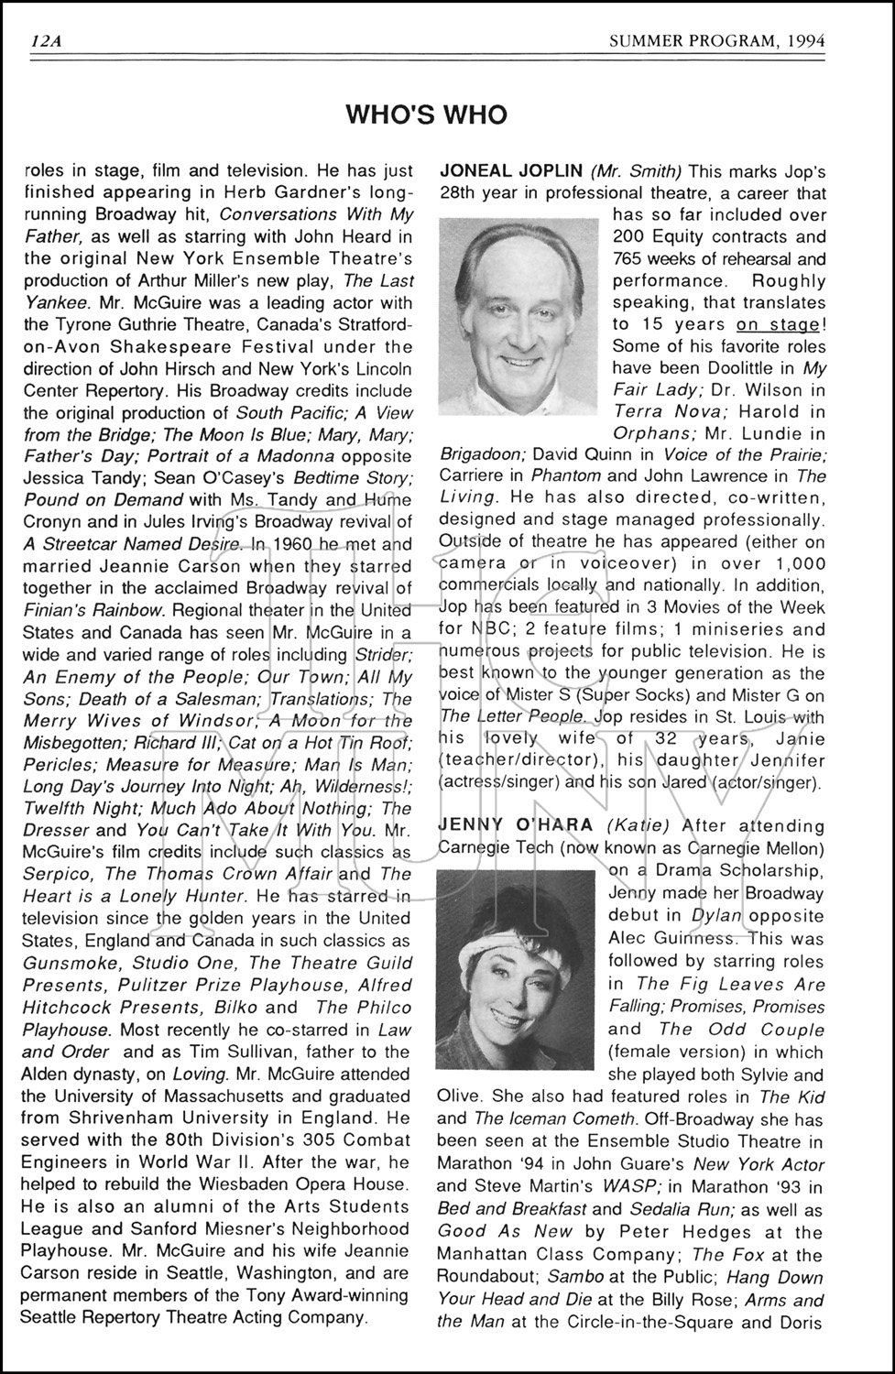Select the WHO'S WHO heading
pos(426,114)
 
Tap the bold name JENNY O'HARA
pos(515,825)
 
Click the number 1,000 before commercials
pos(795,563)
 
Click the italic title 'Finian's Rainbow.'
pos(94,610)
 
